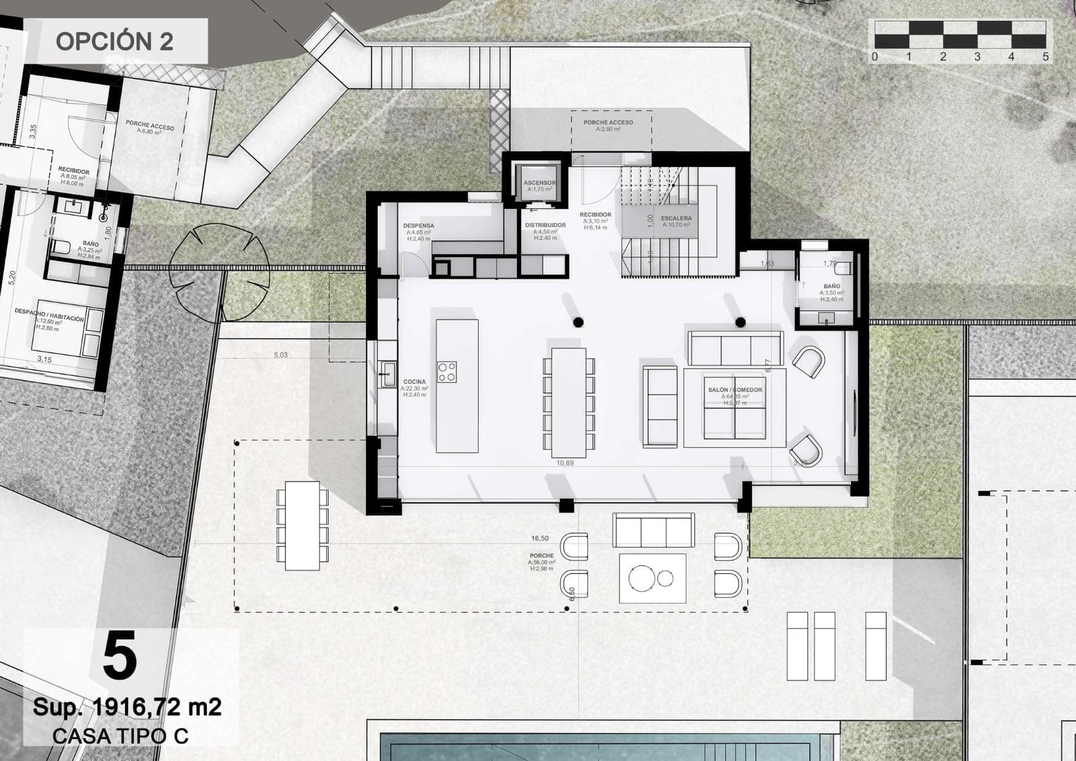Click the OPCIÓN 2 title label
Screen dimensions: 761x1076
tap(114, 41)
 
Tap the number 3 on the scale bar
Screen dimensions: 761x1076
tap(976, 57)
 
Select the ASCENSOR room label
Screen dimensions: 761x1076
tap(539, 183)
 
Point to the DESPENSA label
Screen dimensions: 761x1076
tap(418, 226)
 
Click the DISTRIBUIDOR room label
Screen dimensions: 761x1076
tap(545, 225)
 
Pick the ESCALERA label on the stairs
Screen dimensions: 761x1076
tap(676, 219)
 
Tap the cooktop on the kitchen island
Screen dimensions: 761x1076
tap(447, 372)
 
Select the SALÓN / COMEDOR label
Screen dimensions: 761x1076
tap(734, 390)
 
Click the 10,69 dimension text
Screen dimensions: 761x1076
tap(565, 463)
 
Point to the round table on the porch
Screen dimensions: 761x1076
tap(642, 577)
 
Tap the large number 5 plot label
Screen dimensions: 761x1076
tap(120, 657)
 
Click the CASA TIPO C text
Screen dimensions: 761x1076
tap(120, 736)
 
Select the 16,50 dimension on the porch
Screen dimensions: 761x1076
tap(539, 538)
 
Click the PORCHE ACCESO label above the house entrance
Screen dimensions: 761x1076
tap(608, 122)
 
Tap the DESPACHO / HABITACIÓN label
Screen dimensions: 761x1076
tap(50, 318)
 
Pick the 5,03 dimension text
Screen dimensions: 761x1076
tap(280, 355)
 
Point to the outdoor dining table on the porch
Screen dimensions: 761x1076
tap(302, 525)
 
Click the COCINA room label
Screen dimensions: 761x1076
tap(414, 382)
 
